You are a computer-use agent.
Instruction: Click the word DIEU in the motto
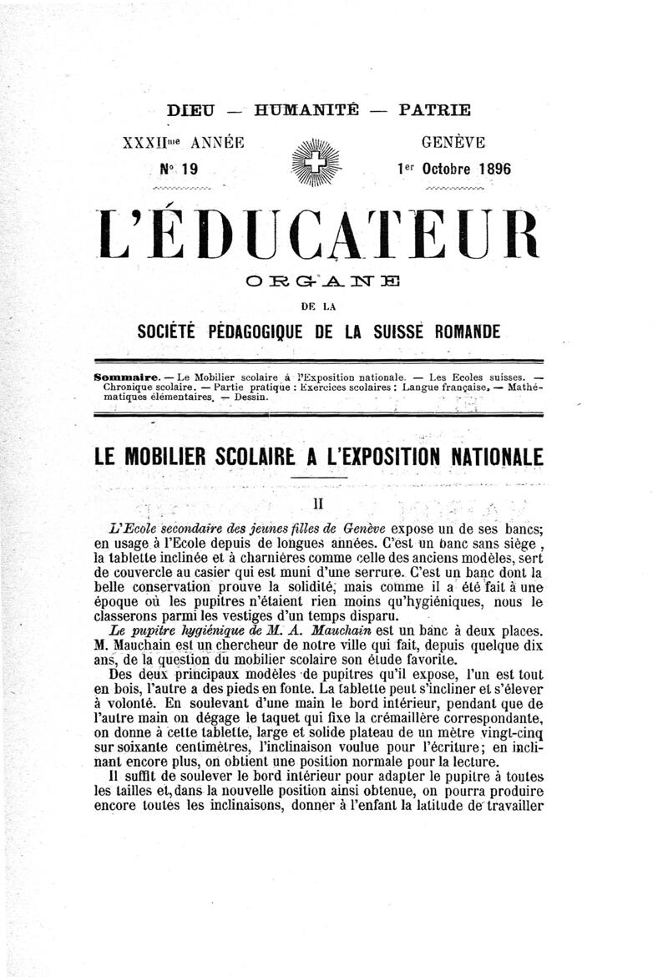click(191, 109)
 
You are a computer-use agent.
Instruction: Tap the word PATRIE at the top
click(434, 109)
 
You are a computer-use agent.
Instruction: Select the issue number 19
click(189, 169)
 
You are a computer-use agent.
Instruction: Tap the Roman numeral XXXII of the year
click(144, 143)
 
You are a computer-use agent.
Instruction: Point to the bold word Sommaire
click(124, 377)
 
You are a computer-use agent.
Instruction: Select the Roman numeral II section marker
click(317, 504)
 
